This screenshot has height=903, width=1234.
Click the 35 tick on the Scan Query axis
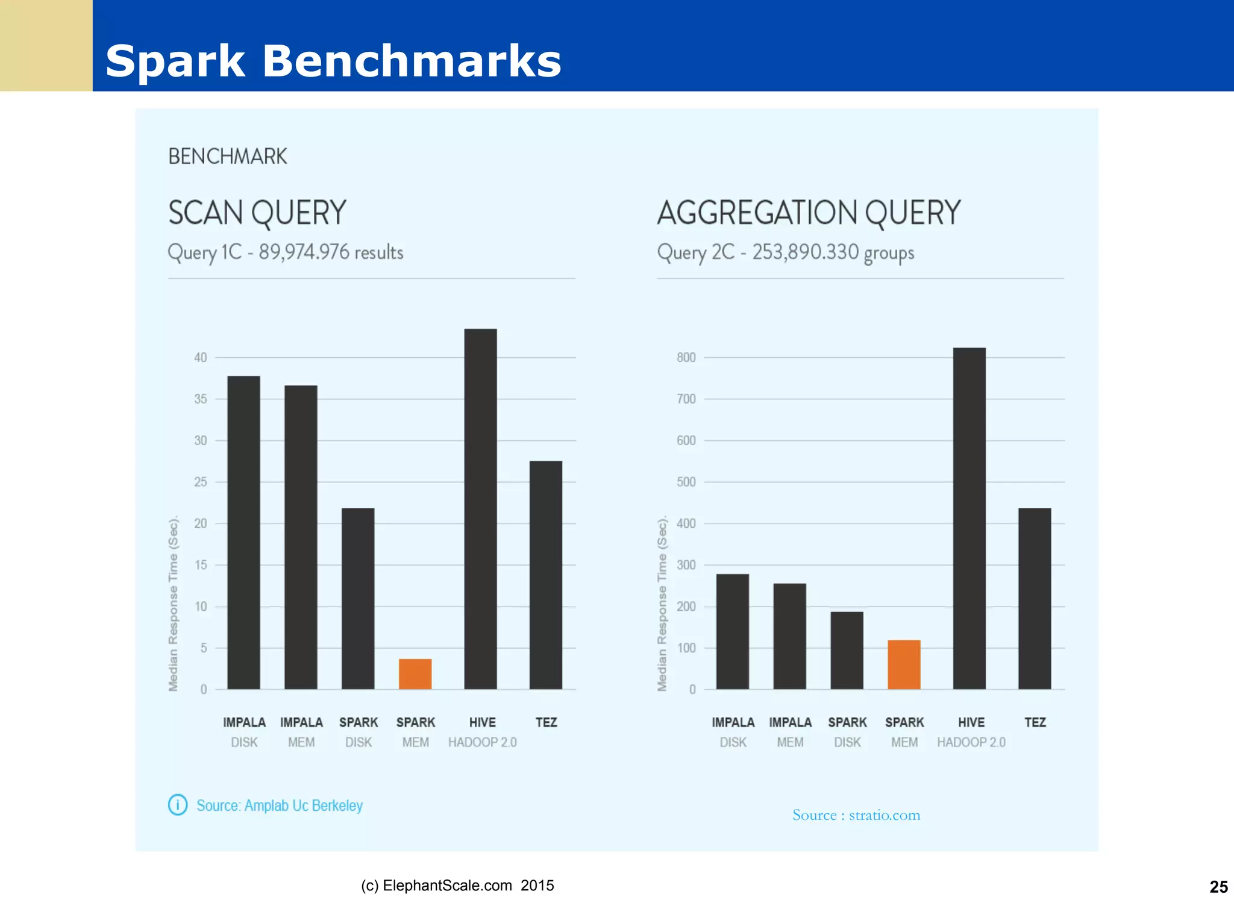[201, 399]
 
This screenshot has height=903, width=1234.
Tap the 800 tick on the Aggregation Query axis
[686, 357]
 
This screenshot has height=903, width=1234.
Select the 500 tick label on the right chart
[686, 482]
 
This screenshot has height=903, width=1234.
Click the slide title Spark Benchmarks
[333, 61]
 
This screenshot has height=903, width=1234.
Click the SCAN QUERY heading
[257, 213]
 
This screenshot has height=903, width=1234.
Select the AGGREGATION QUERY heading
[809, 213]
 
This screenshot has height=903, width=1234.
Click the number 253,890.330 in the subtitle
[805, 252]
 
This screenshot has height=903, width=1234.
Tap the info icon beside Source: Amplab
[178, 805]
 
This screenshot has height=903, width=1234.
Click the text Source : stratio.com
[856, 815]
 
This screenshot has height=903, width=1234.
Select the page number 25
[1218, 887]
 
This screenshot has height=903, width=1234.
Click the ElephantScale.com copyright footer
[457, 886]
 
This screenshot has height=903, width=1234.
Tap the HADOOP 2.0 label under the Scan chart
[482, 742]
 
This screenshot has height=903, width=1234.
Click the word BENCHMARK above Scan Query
[228, 157]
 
